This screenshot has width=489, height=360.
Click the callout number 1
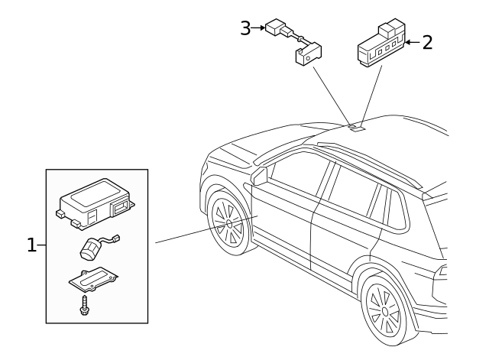[x=31, y=245]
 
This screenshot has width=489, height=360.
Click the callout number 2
[x=426, y=42]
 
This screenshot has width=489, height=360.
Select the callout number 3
[x=245, y=29]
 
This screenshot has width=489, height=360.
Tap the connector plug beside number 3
[x=275, y=30]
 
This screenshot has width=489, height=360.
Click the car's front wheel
[x=229, y=222]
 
